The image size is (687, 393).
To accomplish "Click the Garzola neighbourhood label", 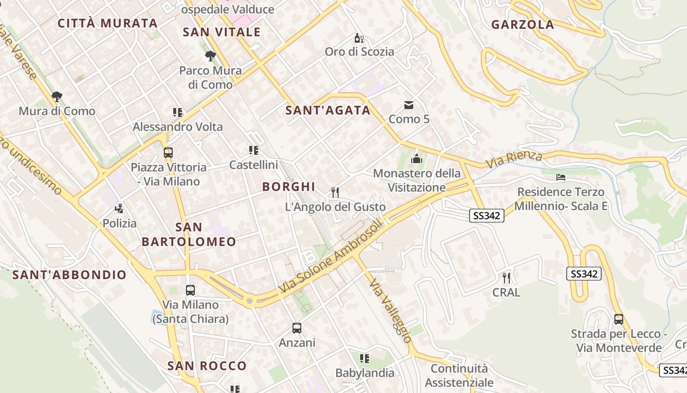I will (x=523, y=25).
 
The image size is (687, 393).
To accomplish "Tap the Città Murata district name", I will (x=107, y=23).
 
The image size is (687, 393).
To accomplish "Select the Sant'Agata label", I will (x=328, y=111).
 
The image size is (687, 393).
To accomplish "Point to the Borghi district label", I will (x=289, y=187).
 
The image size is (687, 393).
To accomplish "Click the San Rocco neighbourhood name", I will (x=207, y=366).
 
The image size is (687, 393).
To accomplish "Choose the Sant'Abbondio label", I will (x=70, y=275).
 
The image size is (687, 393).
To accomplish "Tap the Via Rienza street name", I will (x=514, y=159).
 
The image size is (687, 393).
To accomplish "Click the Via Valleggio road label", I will (x=391, y=310).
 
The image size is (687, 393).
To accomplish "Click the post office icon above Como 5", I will (x=409, y=105).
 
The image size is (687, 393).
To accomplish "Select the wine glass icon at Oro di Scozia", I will (x=359, y=38).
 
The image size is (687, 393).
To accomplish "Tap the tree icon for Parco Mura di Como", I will (x=211, y=56).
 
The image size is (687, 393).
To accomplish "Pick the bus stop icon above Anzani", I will (x=297, y=328).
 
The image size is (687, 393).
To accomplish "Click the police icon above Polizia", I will (x=119, y=209).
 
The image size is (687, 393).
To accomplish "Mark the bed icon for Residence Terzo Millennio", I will (x=561, y=177).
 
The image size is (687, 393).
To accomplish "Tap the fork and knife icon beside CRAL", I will (x=506, y=278).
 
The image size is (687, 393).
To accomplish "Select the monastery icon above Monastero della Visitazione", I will (x=417, y=158).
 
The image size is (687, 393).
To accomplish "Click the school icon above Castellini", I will (x=254, y=150).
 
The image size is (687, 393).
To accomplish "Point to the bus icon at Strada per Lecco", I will (x=618, y=319).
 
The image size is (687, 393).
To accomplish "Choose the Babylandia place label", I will (x=365, y=373).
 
